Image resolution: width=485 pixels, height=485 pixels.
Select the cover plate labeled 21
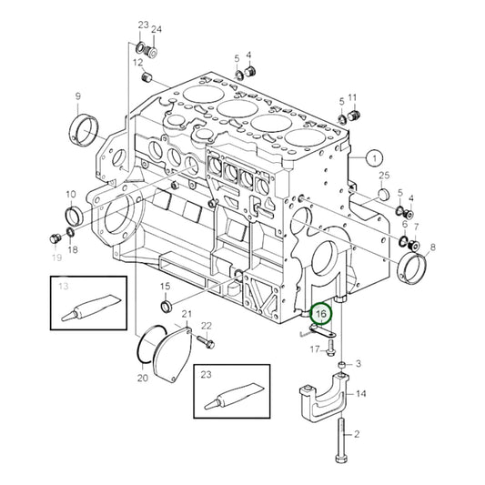click(174, 350)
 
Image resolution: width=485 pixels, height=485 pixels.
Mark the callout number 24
click(156, 30)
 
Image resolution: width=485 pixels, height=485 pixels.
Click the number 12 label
click(139, 63)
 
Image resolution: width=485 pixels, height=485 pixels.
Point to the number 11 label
click(352, 97)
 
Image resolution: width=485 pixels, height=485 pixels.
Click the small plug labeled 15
click(166, 307)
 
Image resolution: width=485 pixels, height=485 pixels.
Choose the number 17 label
click(315, 349)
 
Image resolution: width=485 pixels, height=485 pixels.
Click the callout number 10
click(70, 195)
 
